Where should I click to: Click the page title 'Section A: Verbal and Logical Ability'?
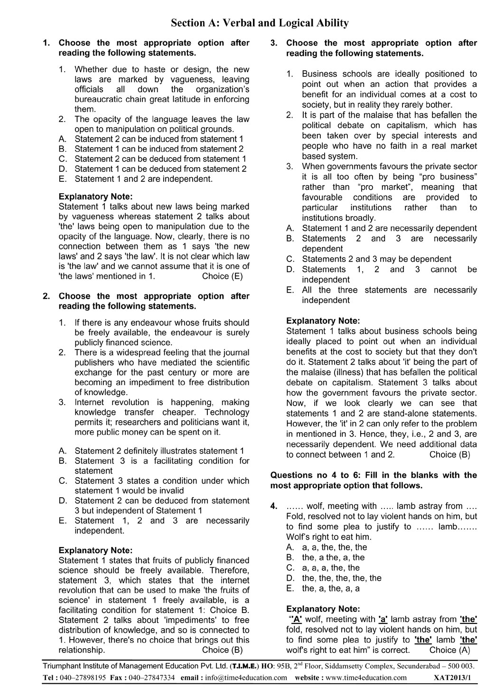click(260, 23)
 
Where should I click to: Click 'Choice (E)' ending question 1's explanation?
click(222, 276)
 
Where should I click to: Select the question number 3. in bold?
click(274, 43)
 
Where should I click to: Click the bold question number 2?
click(46, 296)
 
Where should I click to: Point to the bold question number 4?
click(274, 506)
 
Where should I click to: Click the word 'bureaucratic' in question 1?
click(98, 100)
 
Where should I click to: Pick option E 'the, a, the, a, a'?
click(331, 589)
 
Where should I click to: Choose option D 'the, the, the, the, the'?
click(341, 578)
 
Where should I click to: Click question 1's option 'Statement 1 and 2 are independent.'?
click(144, 179)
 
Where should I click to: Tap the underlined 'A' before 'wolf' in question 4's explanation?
click(297, 619)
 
